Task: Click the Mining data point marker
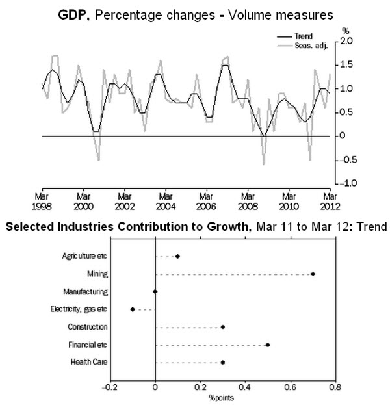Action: tap(313, 274)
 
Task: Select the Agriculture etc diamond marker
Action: tap(177, 256)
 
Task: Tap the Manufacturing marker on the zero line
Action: tap(155, 292)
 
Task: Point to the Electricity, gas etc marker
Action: tap(133, 309)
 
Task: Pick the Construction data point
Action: tap(223, 327)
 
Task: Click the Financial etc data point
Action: tap(268, 345)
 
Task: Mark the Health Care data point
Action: tap(223, 362)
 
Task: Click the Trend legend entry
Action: tap(294, 36)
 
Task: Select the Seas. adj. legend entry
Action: tap(302, 46)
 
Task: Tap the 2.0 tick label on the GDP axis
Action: tap(346, 41)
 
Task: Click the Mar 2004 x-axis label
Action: tap(166, 202)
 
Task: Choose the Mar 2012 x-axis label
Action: tap(330, 202)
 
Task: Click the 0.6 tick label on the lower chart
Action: tap(291, 387)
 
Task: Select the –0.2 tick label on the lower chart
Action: tap(110, 387)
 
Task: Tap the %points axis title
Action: tap(221, 398)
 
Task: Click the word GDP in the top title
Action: tap(71, 15)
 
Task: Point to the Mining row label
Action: tap(97, 274)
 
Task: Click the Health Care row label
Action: tap(89, 362)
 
